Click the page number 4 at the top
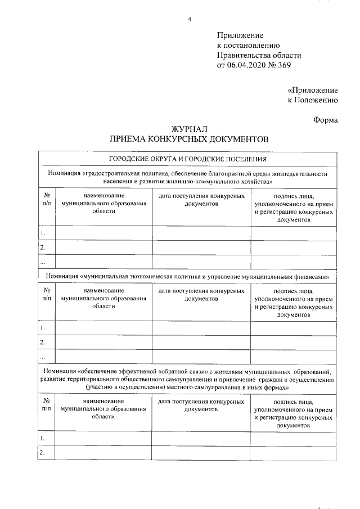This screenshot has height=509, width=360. pos(190,20)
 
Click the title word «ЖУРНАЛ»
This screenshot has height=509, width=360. pos(190,129)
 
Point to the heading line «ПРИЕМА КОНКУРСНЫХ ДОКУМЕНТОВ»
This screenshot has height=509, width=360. pos(190,139)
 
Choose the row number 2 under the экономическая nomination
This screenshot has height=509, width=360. pos(43,341)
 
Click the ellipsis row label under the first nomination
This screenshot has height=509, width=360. pos(43,260)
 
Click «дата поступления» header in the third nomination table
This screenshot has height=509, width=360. pos(201,402)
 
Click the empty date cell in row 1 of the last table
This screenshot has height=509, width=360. pos(201,438)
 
